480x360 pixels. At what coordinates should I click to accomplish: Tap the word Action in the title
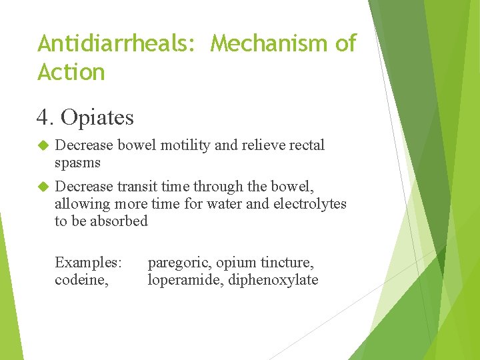click(x=71, y=72)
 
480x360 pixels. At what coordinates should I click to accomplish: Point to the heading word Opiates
click(x=97, y=118)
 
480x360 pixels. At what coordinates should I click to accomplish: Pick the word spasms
click(x=77, y=163)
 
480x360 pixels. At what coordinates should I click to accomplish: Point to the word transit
click(x=137, y=186)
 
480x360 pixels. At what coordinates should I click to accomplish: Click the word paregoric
click(x=177, y=263)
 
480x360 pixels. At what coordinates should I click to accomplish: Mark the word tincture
click(x=289, y=263)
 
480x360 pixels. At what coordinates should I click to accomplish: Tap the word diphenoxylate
click(x=273, y=280)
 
